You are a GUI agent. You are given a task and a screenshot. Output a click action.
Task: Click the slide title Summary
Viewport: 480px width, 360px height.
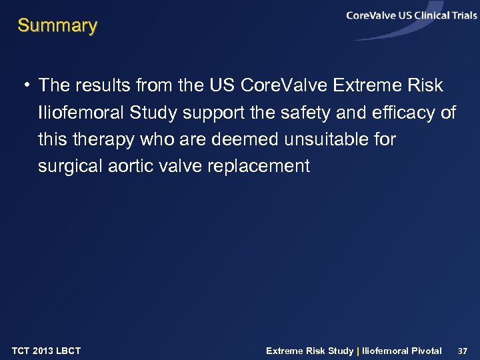(57, 26)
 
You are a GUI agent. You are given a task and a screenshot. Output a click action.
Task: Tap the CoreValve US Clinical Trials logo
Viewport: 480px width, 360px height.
(411, 17)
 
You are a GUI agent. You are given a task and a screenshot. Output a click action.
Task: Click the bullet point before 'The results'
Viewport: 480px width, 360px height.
(25, 86)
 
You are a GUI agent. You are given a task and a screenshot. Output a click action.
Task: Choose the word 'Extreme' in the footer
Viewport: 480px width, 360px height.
(285, 351)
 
